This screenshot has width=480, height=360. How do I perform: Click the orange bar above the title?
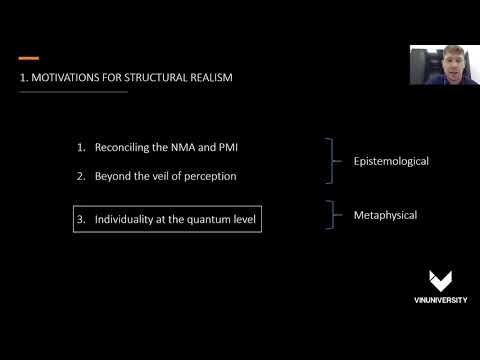click(x=29, y=58)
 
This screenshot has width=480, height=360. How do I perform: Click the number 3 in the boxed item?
click(x=81, y=218)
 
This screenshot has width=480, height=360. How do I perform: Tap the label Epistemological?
click(x=391, y=160)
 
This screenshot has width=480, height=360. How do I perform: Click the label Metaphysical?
click(x=385, y=215)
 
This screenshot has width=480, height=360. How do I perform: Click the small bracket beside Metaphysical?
click(x=331, y=215)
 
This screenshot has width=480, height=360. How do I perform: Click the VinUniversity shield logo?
click(x=439, y=281)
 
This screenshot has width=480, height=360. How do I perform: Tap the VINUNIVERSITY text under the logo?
click(x=439, y=300)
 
